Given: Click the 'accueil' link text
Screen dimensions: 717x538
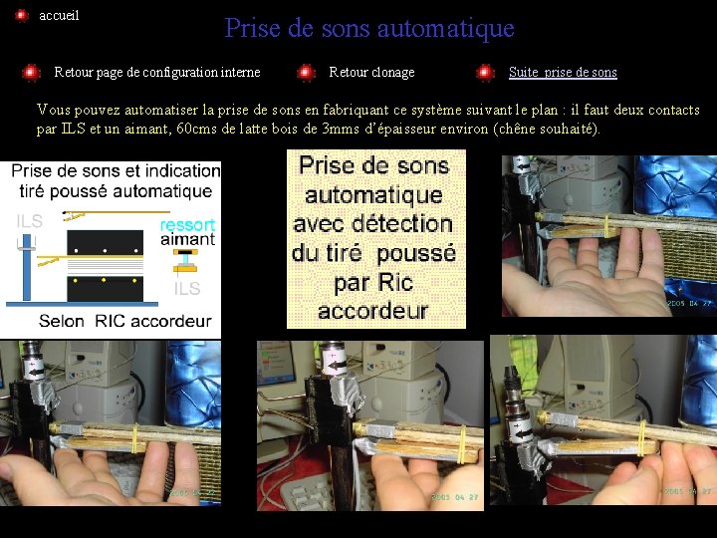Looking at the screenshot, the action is pos(59,16).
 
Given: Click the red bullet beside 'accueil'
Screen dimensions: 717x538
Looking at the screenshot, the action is pos(22,16).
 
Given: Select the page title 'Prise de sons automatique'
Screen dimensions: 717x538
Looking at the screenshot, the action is pos(369,28).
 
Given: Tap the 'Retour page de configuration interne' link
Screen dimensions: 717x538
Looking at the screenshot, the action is pos(157,72).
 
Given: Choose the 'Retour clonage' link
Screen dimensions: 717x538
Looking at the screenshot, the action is pos(371,72).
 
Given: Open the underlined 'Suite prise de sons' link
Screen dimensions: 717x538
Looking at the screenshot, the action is pos(563,72).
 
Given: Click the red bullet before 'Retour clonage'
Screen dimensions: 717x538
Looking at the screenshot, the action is pos(306,73).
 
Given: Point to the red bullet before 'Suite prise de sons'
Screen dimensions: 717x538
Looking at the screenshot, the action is pos(485,73).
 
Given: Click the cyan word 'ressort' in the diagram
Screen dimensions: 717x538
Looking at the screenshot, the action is pos(187,224).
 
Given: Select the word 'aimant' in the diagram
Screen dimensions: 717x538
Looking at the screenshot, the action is pos(187,239).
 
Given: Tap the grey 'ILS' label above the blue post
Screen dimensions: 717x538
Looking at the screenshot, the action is pos(30,221).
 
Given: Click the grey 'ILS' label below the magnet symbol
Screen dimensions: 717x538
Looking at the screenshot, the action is pos(187,288).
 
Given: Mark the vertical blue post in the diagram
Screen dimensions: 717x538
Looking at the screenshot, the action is pos(27,268).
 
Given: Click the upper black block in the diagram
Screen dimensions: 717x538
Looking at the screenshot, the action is pos(106,242).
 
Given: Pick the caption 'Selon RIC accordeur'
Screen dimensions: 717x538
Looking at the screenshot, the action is pos(125,321).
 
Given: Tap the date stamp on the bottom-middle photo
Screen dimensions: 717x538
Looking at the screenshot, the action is pos(454,497).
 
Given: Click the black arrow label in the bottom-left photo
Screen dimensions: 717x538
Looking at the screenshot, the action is pos(35,368).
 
